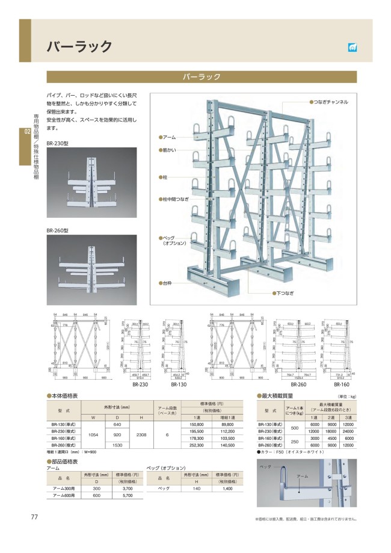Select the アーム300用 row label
point(61,488)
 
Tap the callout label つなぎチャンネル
point(330,103)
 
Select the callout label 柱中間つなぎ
point(175,198)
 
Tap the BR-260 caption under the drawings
point(299,383)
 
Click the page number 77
point(34,517)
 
